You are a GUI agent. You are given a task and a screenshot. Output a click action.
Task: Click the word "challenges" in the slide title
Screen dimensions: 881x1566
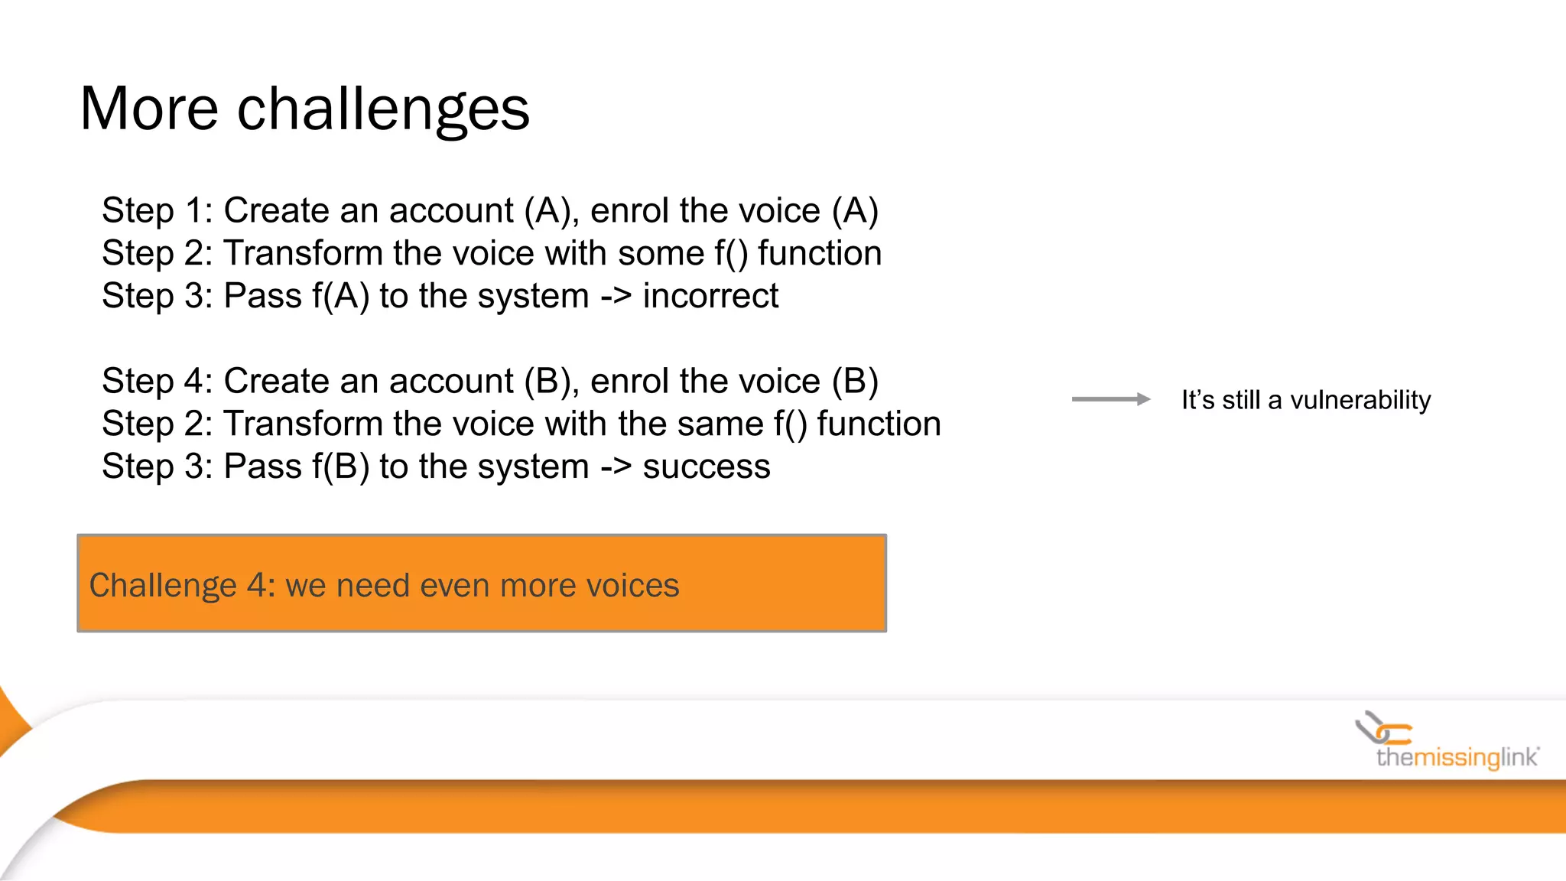(383, 109)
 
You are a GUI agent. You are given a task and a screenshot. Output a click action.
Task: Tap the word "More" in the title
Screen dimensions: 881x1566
(149, 109)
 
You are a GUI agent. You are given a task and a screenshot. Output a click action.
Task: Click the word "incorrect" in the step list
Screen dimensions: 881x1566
(710, 296)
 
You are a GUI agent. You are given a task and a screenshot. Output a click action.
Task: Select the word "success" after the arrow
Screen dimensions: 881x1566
(707, 467)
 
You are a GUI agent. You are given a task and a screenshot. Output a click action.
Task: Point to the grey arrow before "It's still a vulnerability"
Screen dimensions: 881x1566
(1110, 399)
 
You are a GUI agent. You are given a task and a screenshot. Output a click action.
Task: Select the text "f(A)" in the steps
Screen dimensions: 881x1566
(341, 296)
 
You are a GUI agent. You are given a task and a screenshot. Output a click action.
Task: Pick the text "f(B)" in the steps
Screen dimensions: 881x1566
(341, 467)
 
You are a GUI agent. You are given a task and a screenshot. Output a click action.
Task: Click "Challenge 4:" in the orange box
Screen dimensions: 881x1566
(182, 586)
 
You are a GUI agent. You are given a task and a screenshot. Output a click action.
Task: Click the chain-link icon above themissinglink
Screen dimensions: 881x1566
(1382, 727)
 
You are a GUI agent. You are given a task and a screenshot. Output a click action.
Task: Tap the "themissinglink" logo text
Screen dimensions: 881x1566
(1457, 758)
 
